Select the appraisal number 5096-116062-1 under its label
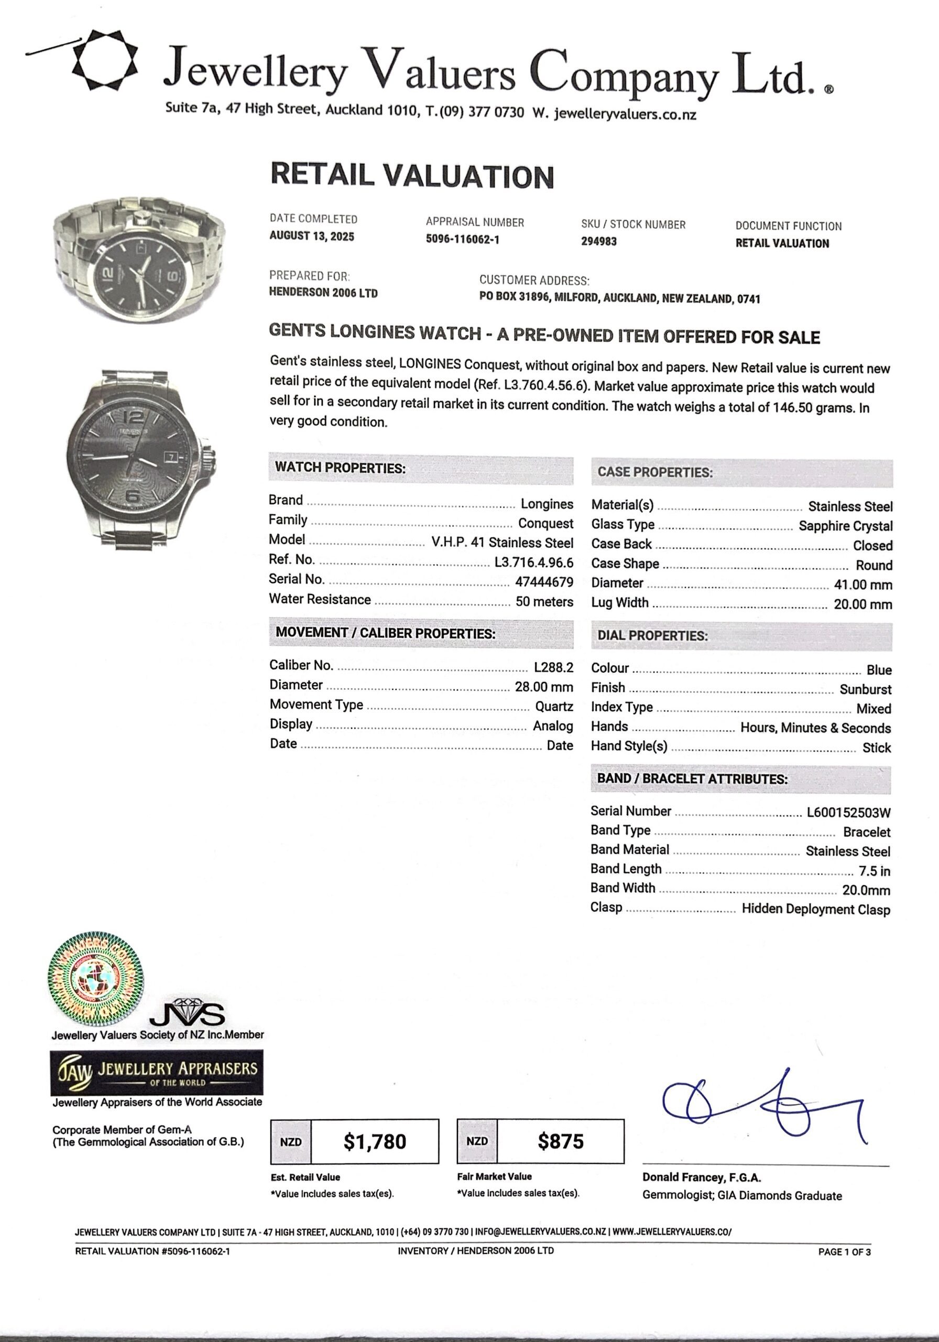[x=462, y=240]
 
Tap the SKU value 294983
[x=598, y=241]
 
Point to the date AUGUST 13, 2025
[x=311, y=236]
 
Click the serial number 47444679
[x=544, y=582]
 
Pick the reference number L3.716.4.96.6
[x=533, y=562]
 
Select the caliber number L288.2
[x=553, y=667]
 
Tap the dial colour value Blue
[x=879, y=670]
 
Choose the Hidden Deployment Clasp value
[x=816, y=910]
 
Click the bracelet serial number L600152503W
[x=848, y=813]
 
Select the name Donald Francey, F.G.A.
[x=701, y=1177]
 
